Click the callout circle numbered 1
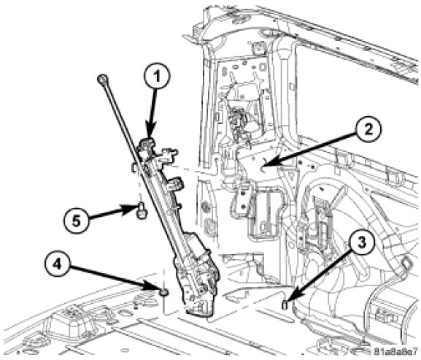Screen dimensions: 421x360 (x=157, y=77)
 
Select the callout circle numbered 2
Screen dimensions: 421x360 (x=368, y=129)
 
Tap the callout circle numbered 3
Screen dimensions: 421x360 (x=361, y=242)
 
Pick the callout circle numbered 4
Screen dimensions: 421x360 (x=57, y=265)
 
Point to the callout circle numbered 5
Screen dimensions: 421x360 (x=77, y=222)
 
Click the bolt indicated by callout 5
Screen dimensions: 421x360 (x=142, y=210)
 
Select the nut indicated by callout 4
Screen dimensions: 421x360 (x=163, y=292)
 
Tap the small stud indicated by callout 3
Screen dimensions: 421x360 (x=285, y=305)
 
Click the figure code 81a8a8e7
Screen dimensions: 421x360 (x=397, y=351)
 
